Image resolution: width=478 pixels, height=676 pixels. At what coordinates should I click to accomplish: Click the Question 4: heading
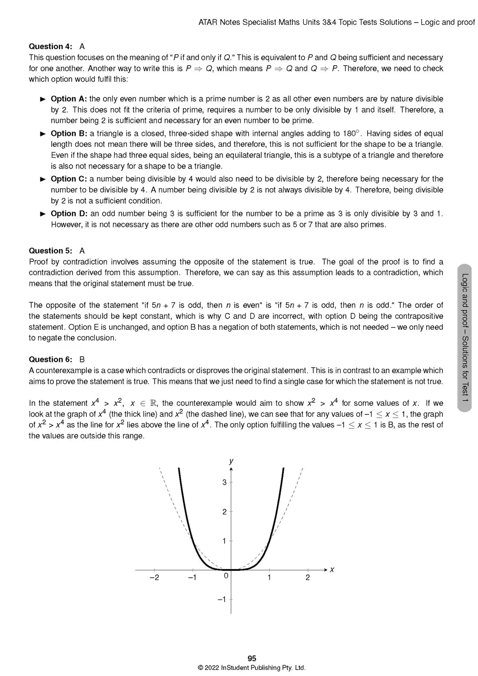point(50,46)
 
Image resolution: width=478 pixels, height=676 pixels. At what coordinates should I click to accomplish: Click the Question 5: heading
point(50,251)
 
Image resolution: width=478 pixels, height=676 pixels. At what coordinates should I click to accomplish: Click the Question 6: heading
point(50,359)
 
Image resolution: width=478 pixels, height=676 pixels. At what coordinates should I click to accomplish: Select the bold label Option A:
point(69,99)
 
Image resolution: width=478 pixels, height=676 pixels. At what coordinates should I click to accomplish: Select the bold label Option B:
point(69,133)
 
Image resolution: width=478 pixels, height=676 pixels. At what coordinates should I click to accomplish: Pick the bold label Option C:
point(69,179)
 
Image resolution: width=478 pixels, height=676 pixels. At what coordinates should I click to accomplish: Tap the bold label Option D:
point(69,213)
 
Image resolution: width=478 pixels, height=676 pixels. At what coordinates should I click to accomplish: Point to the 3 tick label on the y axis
point(224,482)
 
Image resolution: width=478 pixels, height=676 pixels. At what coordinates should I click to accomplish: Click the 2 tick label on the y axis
point(224,512)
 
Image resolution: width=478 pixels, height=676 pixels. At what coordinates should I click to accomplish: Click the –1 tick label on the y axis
point(222,600)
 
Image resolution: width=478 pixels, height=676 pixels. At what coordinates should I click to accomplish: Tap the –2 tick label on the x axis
point(154,577)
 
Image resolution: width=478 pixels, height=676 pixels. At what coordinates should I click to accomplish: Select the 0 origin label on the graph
point(226,576)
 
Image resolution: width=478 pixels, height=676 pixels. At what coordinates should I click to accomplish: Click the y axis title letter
point(231,461)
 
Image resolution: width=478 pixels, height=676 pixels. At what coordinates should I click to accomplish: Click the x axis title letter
point(332,570)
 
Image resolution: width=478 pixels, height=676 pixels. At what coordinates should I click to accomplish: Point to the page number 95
point(252,659)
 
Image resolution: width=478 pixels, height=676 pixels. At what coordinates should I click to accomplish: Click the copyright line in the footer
point(252,668)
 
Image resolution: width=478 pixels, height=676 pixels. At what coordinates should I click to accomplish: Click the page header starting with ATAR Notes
point(336,22)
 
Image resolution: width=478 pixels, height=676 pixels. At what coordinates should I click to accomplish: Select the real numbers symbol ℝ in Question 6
point(153,403)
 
